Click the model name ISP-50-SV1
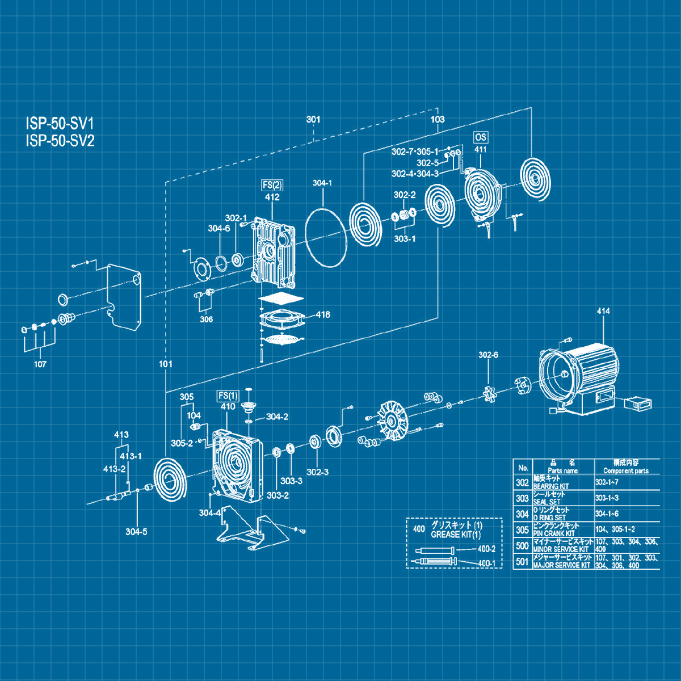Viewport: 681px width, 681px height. click(x=60, y=124)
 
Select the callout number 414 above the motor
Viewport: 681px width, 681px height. click(x=603, y=311)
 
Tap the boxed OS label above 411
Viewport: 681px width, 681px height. click(x=481, y=137)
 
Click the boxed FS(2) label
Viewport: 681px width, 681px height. click(x=272, y=185)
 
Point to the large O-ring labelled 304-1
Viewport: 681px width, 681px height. click(x=326, y=236)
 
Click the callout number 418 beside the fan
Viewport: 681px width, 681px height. click(x=323, y=314)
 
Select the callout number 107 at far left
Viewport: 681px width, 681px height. click(x=40, y=364)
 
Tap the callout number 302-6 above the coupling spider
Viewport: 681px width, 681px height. click(x=488, y=355)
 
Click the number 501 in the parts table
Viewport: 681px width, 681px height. click(x=522, y=562)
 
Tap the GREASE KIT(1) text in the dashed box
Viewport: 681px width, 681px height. click(x=456, y=535)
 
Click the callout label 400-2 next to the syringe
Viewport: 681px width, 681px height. click(x=486, y=549)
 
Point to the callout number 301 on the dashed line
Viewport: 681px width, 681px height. click(x=313, y=120)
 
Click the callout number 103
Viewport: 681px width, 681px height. click(x=438, y=120)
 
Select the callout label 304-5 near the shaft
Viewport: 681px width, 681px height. click(x=136, y=532)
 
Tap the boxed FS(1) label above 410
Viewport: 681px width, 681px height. click(x=228, y=396)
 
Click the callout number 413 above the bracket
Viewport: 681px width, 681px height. click(x=121, y=435)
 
